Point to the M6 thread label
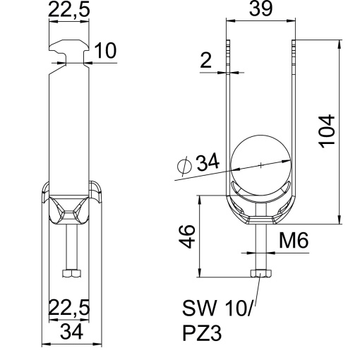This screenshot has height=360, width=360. click(292, 240)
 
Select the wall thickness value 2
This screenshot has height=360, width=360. click(206, 62)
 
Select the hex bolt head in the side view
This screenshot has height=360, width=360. click(71, 272)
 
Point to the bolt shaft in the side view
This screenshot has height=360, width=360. click(71, 247)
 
